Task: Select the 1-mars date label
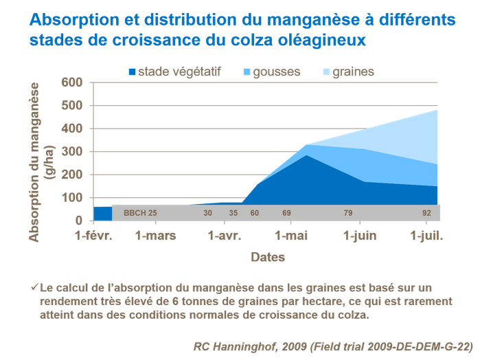pyautogui.click(x=155, y=236)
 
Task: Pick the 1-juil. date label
pyautogui.click(x=427, y=236)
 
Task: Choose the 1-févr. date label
pyautogui.click(x=93, y=236)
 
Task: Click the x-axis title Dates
pyautogui.click(x=267, y=258)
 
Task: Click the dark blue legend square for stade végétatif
pyautogui.click(x=132, y=72)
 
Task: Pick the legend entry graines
pyautogui.click(x=353, y=71)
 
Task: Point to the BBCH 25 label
pyautogui.click(x=140, y=213)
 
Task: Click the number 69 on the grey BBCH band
pyautogui.click(x=286, y=213)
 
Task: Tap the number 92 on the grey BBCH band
pyautogui.click(x=426, y=213)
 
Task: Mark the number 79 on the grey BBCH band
pyautogui.click(x=348, y=213)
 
